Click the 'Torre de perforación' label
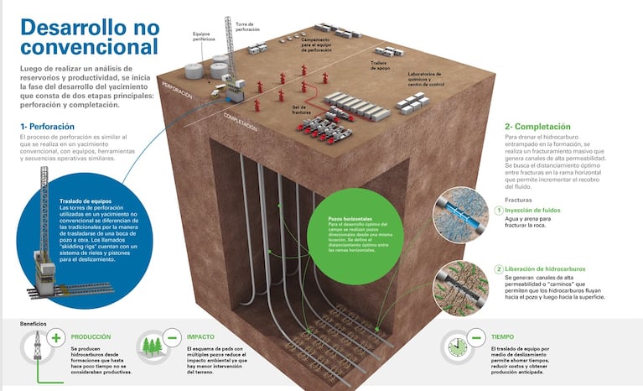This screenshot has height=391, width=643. point(248,28)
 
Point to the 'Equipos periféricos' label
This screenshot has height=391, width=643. point(204,37)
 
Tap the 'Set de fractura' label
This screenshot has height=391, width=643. point(299,109)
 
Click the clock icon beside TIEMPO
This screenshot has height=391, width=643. point(457,346)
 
